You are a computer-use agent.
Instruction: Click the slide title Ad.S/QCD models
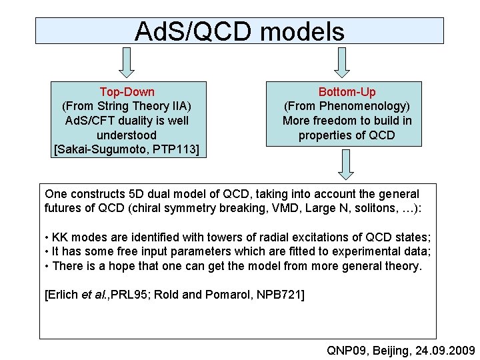(239, 31)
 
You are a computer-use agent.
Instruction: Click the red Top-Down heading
(127, 92)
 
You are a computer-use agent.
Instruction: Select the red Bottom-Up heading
(347, 92)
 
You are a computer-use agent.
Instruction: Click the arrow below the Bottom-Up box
(345, 164)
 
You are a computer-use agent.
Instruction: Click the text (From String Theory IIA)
(127, 107)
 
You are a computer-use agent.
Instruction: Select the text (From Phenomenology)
(347, 107)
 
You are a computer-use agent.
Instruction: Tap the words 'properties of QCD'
(347, 135)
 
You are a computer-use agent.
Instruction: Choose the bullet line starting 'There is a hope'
(233, 266)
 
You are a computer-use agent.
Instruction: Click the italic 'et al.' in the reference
(93, 295)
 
